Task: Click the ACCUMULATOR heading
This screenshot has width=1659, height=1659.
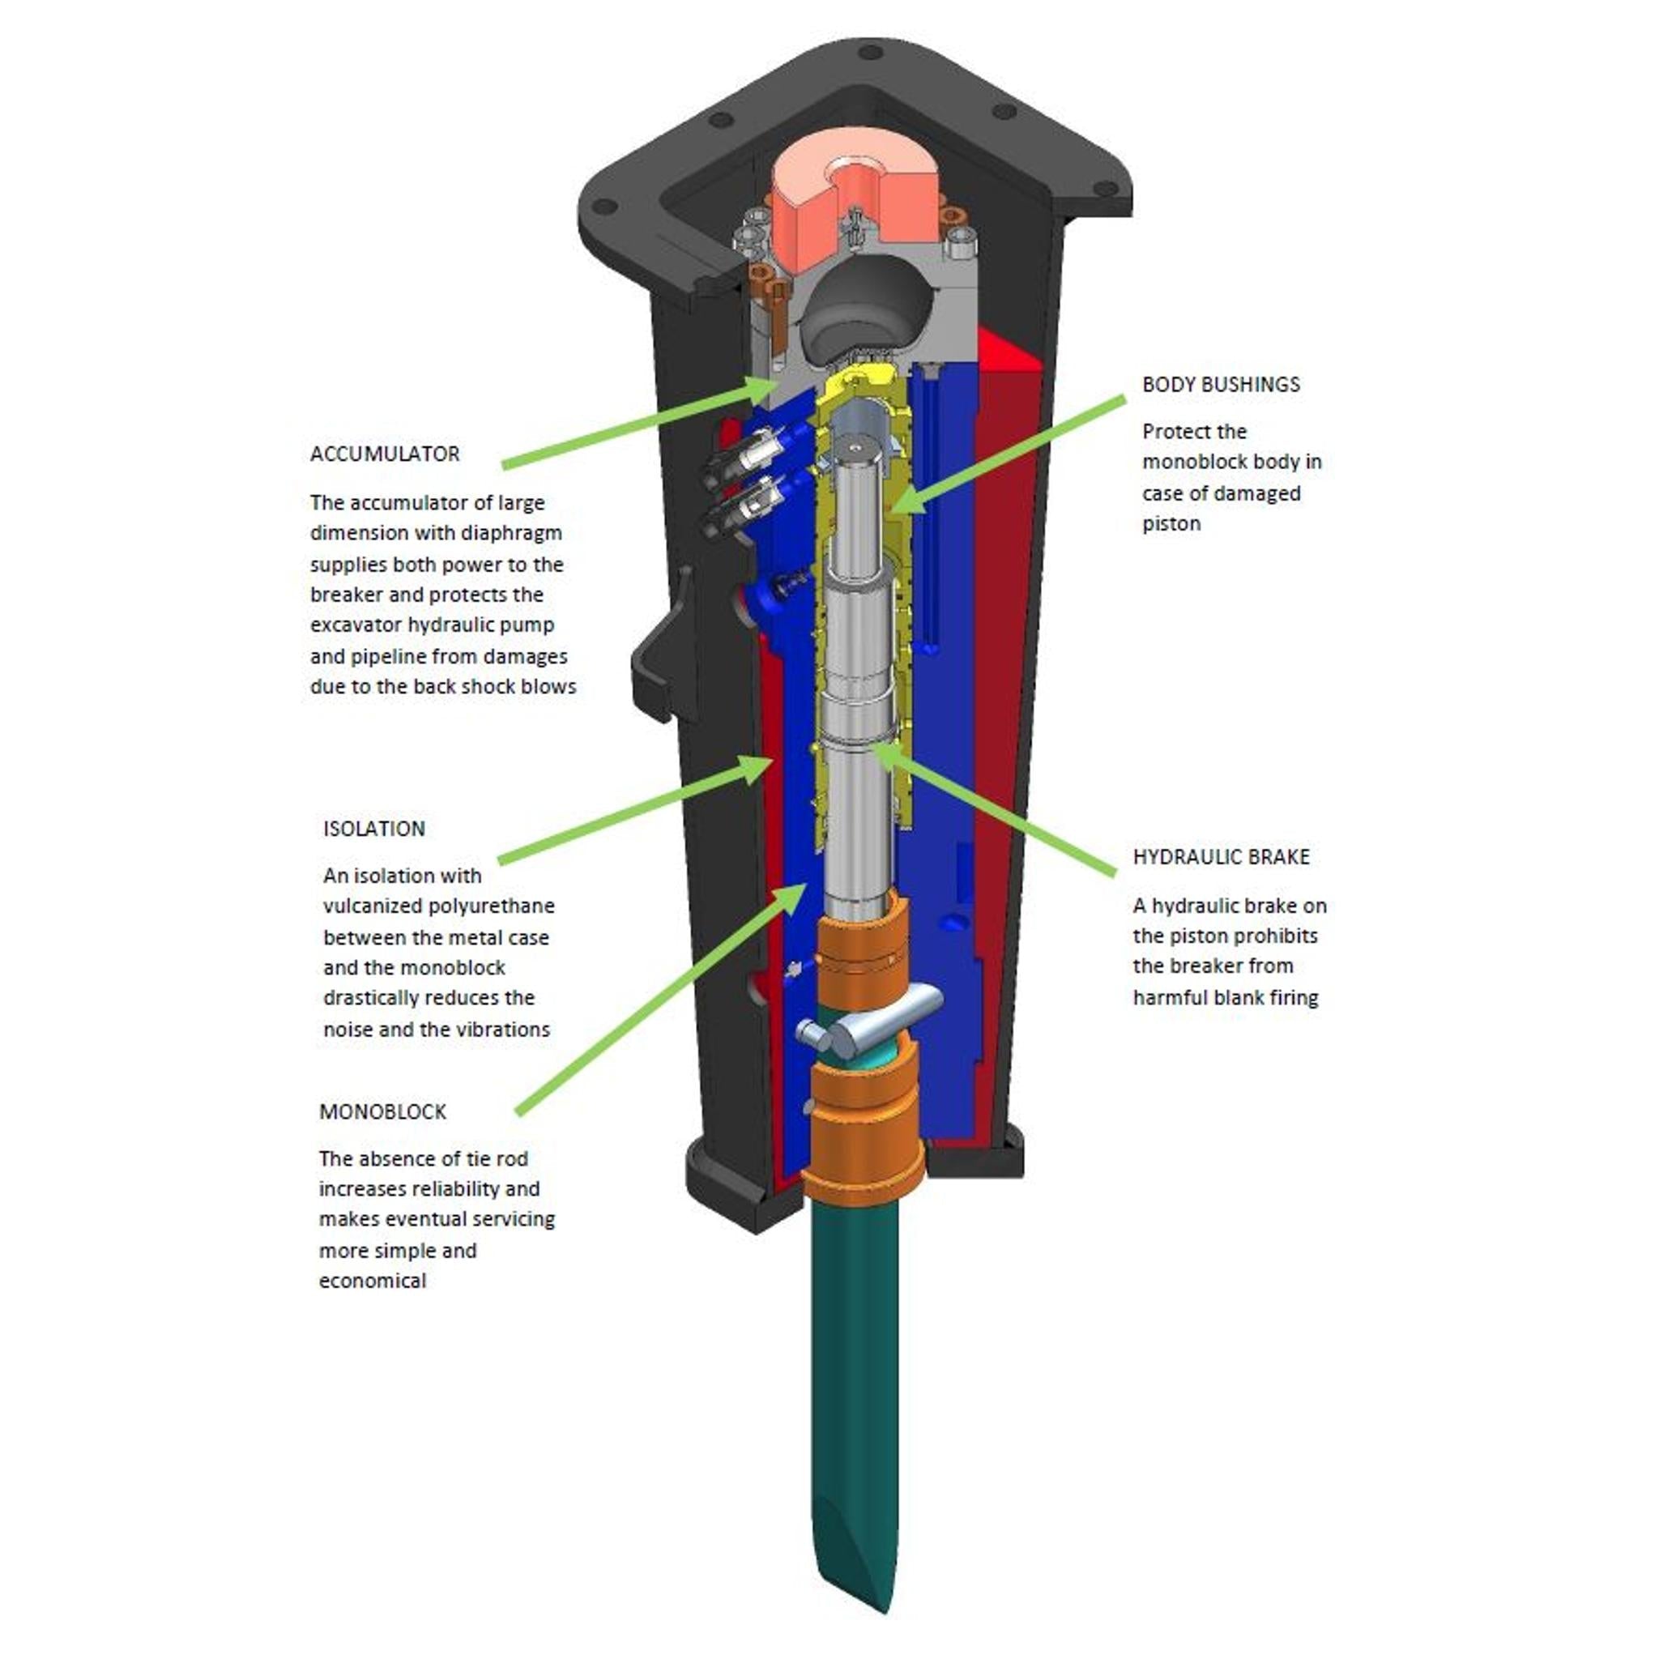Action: click(x=385, y=454)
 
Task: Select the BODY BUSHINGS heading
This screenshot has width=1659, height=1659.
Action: click(x=1220, y=385)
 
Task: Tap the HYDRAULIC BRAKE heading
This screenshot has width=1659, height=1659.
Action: click(x=1220, y=857)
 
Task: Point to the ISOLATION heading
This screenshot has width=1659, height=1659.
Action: click(x=373, y=829)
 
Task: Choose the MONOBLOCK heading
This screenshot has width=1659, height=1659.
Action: click(x=382, y=1112)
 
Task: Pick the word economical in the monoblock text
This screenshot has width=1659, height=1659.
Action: click(x=373, y=1282)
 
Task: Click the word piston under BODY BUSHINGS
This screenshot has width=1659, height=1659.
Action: click(x=1171, y=524)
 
